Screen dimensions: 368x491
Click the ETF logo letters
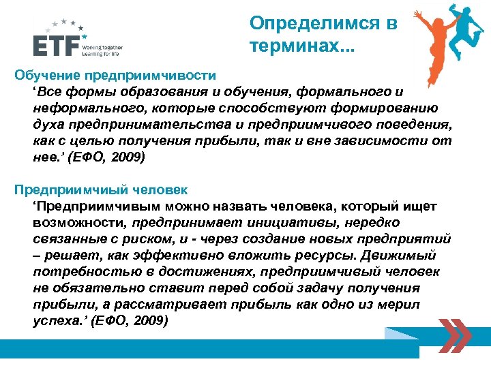(x=55, y=46)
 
